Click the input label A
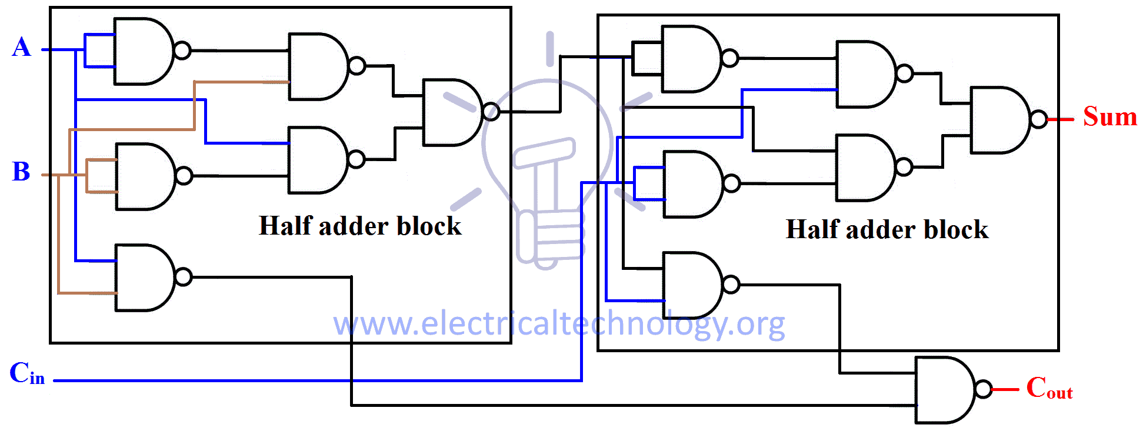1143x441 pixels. pos(21,47)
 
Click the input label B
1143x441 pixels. pos(21,172)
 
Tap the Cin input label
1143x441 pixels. pos(27,374)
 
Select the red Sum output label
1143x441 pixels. pos(1110,116)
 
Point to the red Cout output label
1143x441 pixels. pos(1049,389)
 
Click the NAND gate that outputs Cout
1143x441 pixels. pos(944,389)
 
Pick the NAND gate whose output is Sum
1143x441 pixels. pos(999,120)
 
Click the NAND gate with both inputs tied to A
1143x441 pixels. pos(142,51)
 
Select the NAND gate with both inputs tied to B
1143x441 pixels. pos(144,176)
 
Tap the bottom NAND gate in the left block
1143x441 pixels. pos(144,277)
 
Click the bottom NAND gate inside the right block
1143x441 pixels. pos(691,285)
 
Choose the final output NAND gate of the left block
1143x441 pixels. pos(452,112)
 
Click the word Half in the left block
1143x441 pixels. pos(285,226)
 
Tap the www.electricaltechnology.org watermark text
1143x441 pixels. pos(559,324)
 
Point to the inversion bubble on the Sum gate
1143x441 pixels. pos(1039,119)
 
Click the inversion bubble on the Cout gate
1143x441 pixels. pos(983,389)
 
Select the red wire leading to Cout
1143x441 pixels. pos(1005,389)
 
